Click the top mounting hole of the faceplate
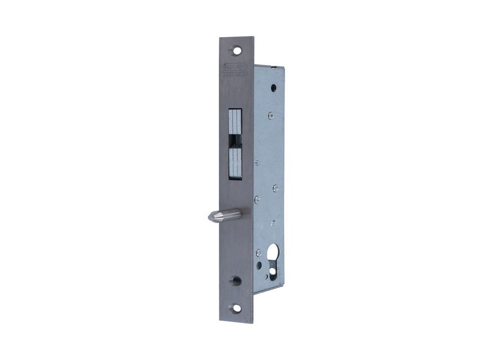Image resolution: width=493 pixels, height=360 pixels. point(238,49)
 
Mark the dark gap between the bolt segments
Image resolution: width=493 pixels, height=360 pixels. point(234,141)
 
